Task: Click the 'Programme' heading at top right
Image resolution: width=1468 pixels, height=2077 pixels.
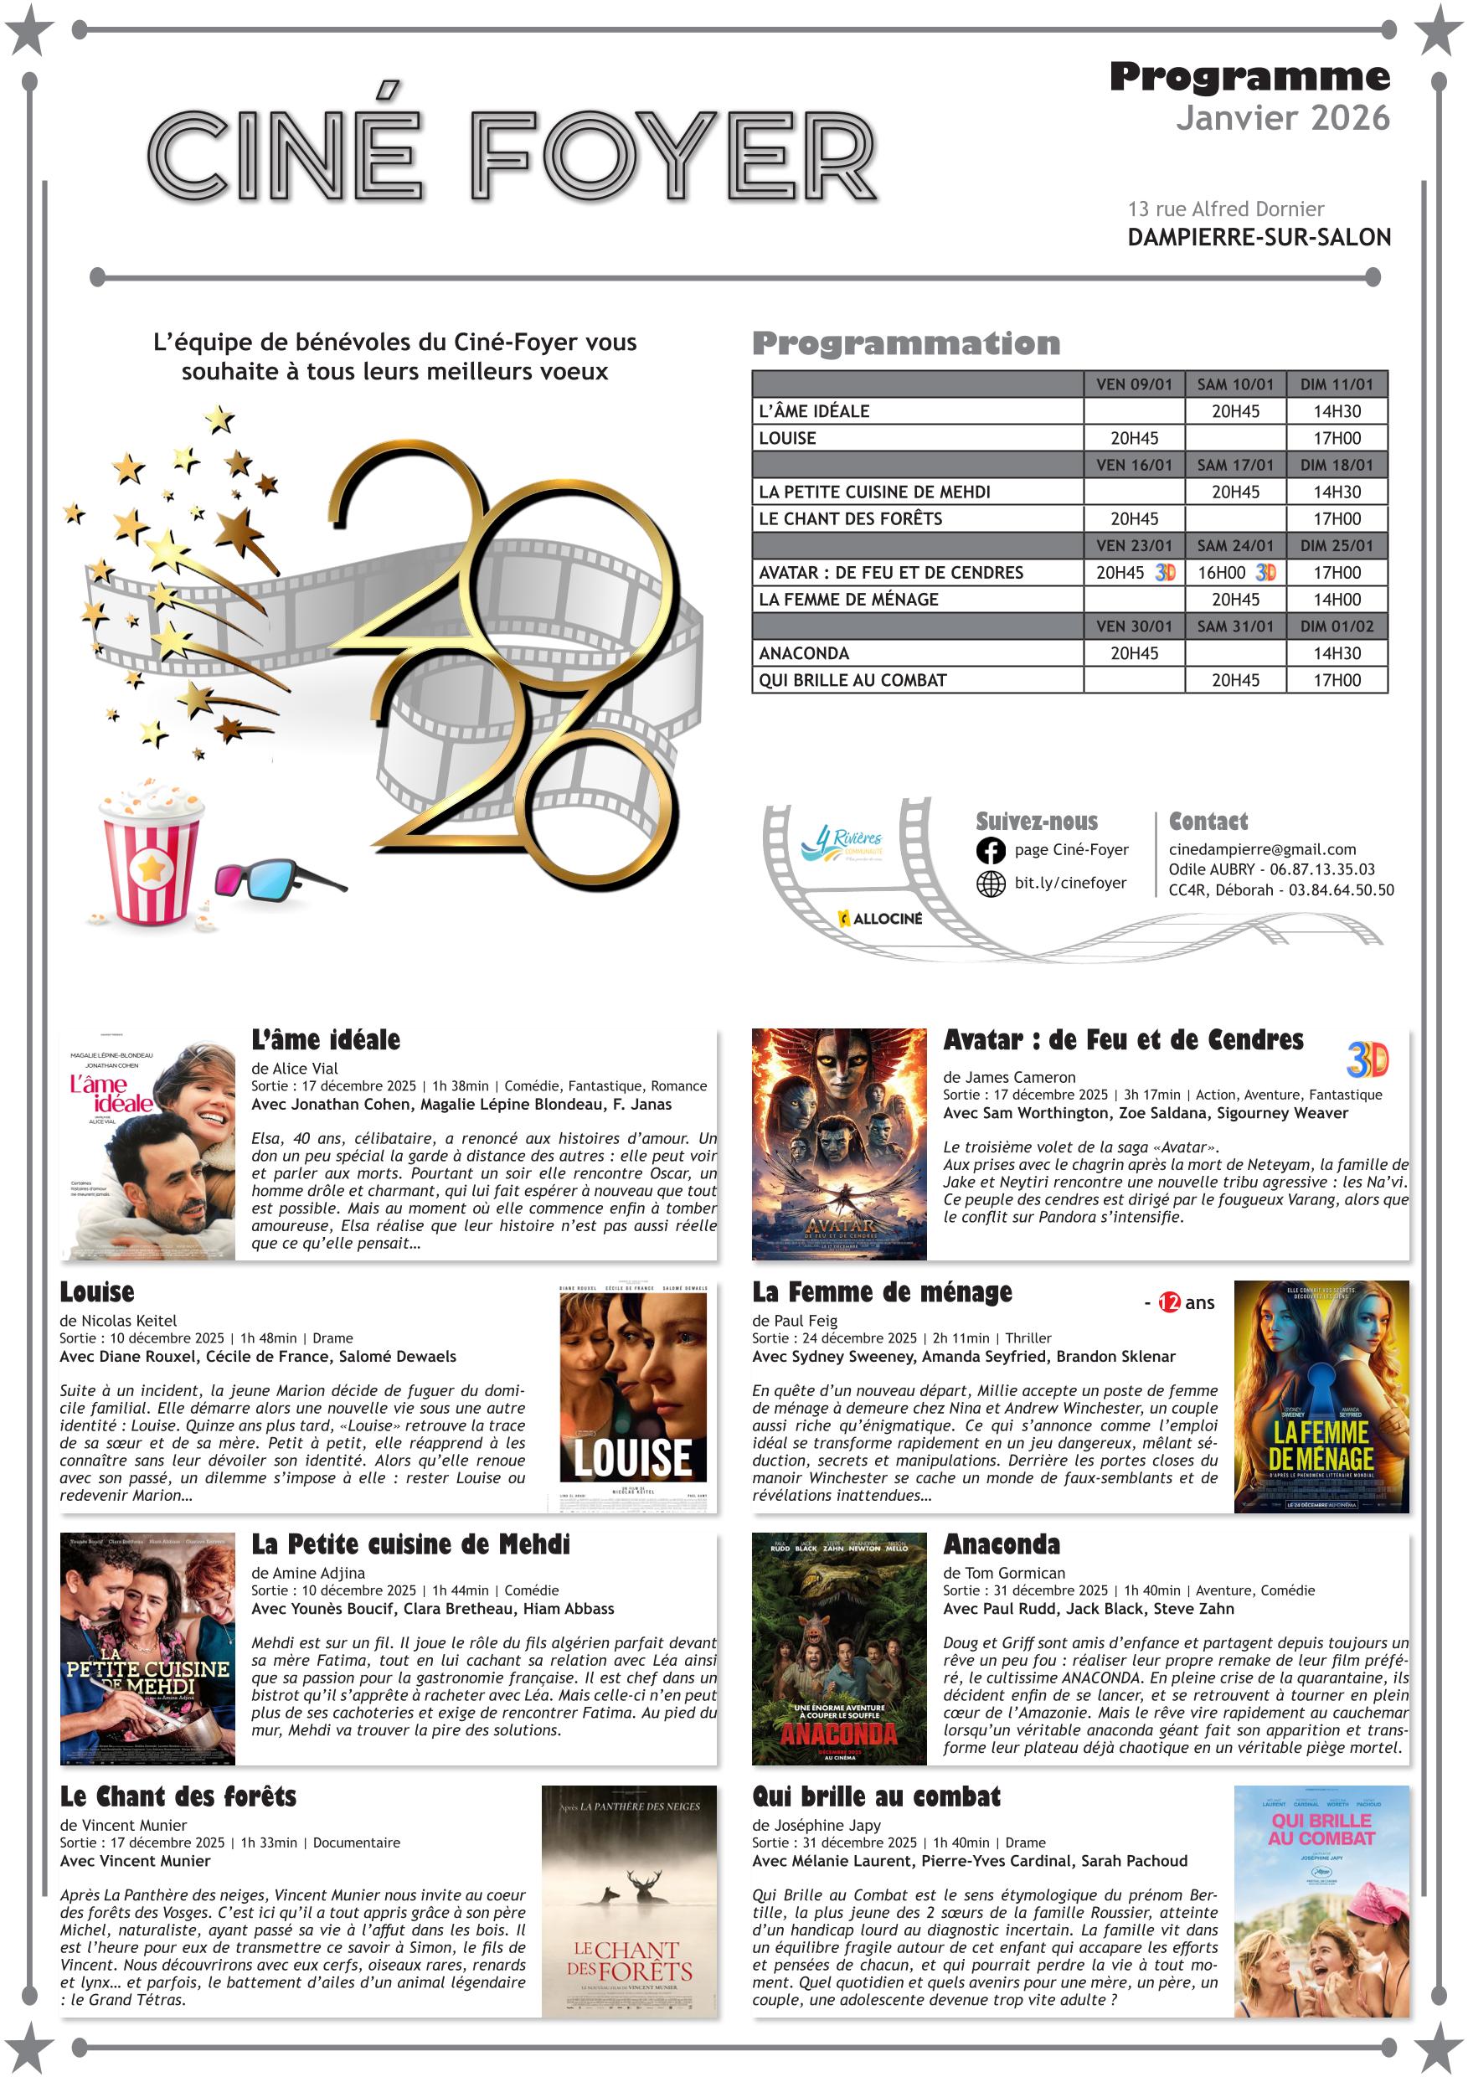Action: [1249, 78]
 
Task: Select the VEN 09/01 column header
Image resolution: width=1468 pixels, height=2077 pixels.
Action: [1133, 384]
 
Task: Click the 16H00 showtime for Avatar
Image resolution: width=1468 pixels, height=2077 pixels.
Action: [1221, 573]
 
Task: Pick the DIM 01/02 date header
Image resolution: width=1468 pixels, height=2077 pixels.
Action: [1336, 626]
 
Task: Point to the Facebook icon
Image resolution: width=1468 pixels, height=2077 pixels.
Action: [991, 850]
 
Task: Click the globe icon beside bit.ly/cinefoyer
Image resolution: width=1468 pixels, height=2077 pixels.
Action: [991, 884]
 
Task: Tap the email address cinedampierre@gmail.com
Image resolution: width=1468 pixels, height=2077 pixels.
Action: [1262, 849]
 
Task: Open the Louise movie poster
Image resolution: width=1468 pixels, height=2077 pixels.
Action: [632, 1396]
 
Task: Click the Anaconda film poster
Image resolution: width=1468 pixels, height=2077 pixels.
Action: [838, 1648]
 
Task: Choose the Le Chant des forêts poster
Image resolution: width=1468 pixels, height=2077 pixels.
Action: [629, 1900]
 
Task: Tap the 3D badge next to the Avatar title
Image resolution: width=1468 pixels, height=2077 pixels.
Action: [1367, 1059]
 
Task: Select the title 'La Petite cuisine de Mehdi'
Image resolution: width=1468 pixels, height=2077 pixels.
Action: [410, 1544]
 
